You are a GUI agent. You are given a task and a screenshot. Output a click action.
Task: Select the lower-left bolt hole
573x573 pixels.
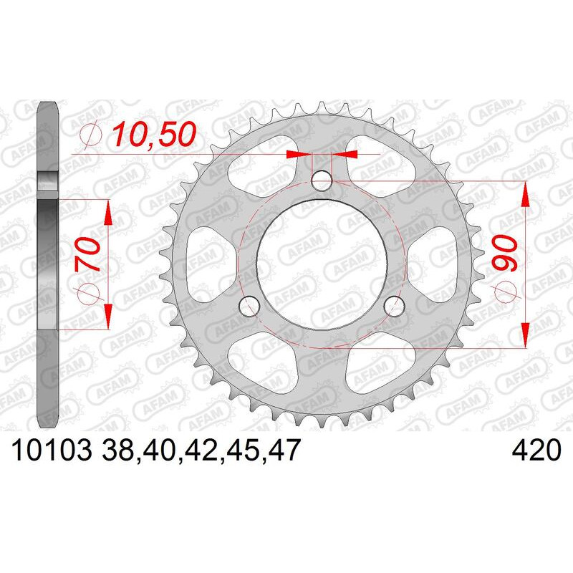(249, 307)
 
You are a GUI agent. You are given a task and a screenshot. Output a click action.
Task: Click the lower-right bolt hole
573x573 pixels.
(394, 307)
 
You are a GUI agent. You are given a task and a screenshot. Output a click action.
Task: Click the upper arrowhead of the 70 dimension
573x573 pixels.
(108, 210)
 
